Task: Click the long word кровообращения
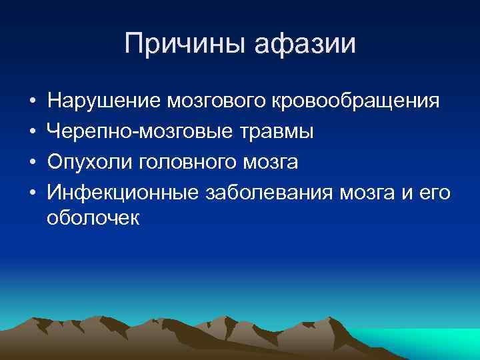356,101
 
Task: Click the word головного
183,161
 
